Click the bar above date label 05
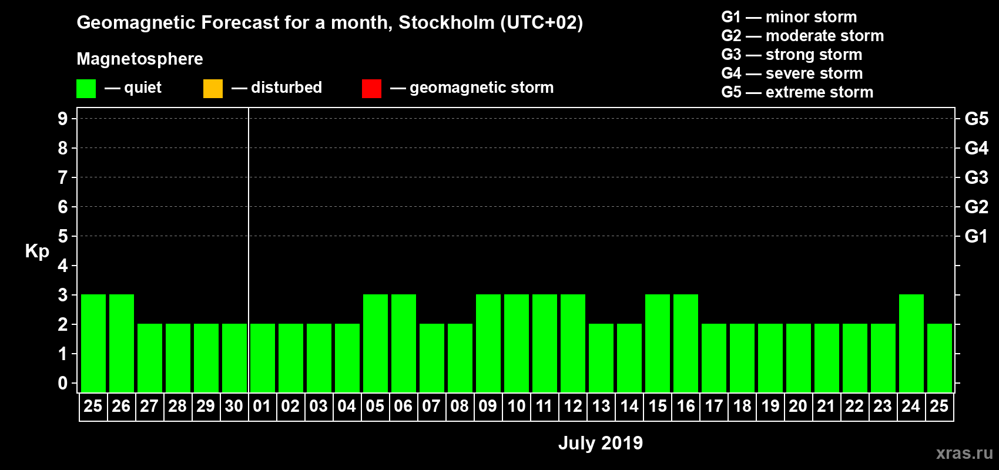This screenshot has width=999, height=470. click(x=376, y=343)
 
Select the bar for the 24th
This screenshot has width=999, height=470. click(x=911, y=343)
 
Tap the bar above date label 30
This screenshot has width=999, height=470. click(x=234, y=358)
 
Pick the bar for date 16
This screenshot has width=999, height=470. click(x=686, y=343)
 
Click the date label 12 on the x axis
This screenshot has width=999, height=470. click(x=573, y=406)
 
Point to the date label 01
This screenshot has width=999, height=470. click(x=262, y=406)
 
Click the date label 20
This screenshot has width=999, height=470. click(x=798, y=406)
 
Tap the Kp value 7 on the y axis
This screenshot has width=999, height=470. click(x=63, y=177)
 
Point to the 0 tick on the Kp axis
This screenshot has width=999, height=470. click(x=63, y=383)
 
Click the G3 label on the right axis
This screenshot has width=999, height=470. click(x=976, y=177)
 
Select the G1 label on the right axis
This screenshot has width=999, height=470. click(x=976, y=236)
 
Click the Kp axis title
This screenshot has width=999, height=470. click(x=37, y=251)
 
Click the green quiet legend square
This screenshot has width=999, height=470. click(x=86, y=89)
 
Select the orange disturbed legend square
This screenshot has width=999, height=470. click(x=213, y=89)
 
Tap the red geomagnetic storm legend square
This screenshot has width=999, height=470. click(x=371, y=89)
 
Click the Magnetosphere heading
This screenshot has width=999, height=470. click(x=140, y=59)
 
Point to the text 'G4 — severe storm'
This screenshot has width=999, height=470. click(x=792, y=73)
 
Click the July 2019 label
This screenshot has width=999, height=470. click(x=600, y=443)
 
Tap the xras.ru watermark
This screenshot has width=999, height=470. click(x=964, y=453)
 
